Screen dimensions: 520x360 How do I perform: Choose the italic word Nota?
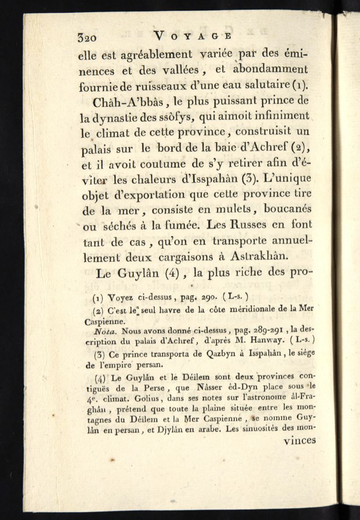click(106, 332)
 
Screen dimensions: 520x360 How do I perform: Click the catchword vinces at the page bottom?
click(300, 440)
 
